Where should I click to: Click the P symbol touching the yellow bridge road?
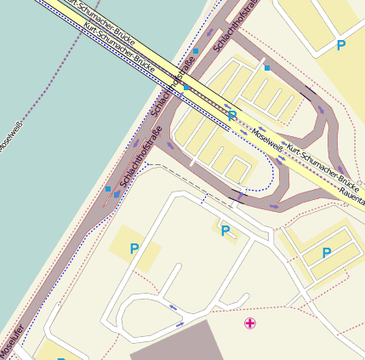point(232,116)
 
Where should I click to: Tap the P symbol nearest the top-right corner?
point(341,45)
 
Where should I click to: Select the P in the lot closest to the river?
point(134,249)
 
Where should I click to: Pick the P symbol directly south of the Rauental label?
point(327,253)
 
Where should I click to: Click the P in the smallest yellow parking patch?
point(225,230)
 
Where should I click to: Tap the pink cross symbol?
point(249,323)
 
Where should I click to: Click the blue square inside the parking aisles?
point(266,67)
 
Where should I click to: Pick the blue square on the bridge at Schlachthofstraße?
point(185,87)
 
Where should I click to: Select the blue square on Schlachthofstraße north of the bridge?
point(196,51)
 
